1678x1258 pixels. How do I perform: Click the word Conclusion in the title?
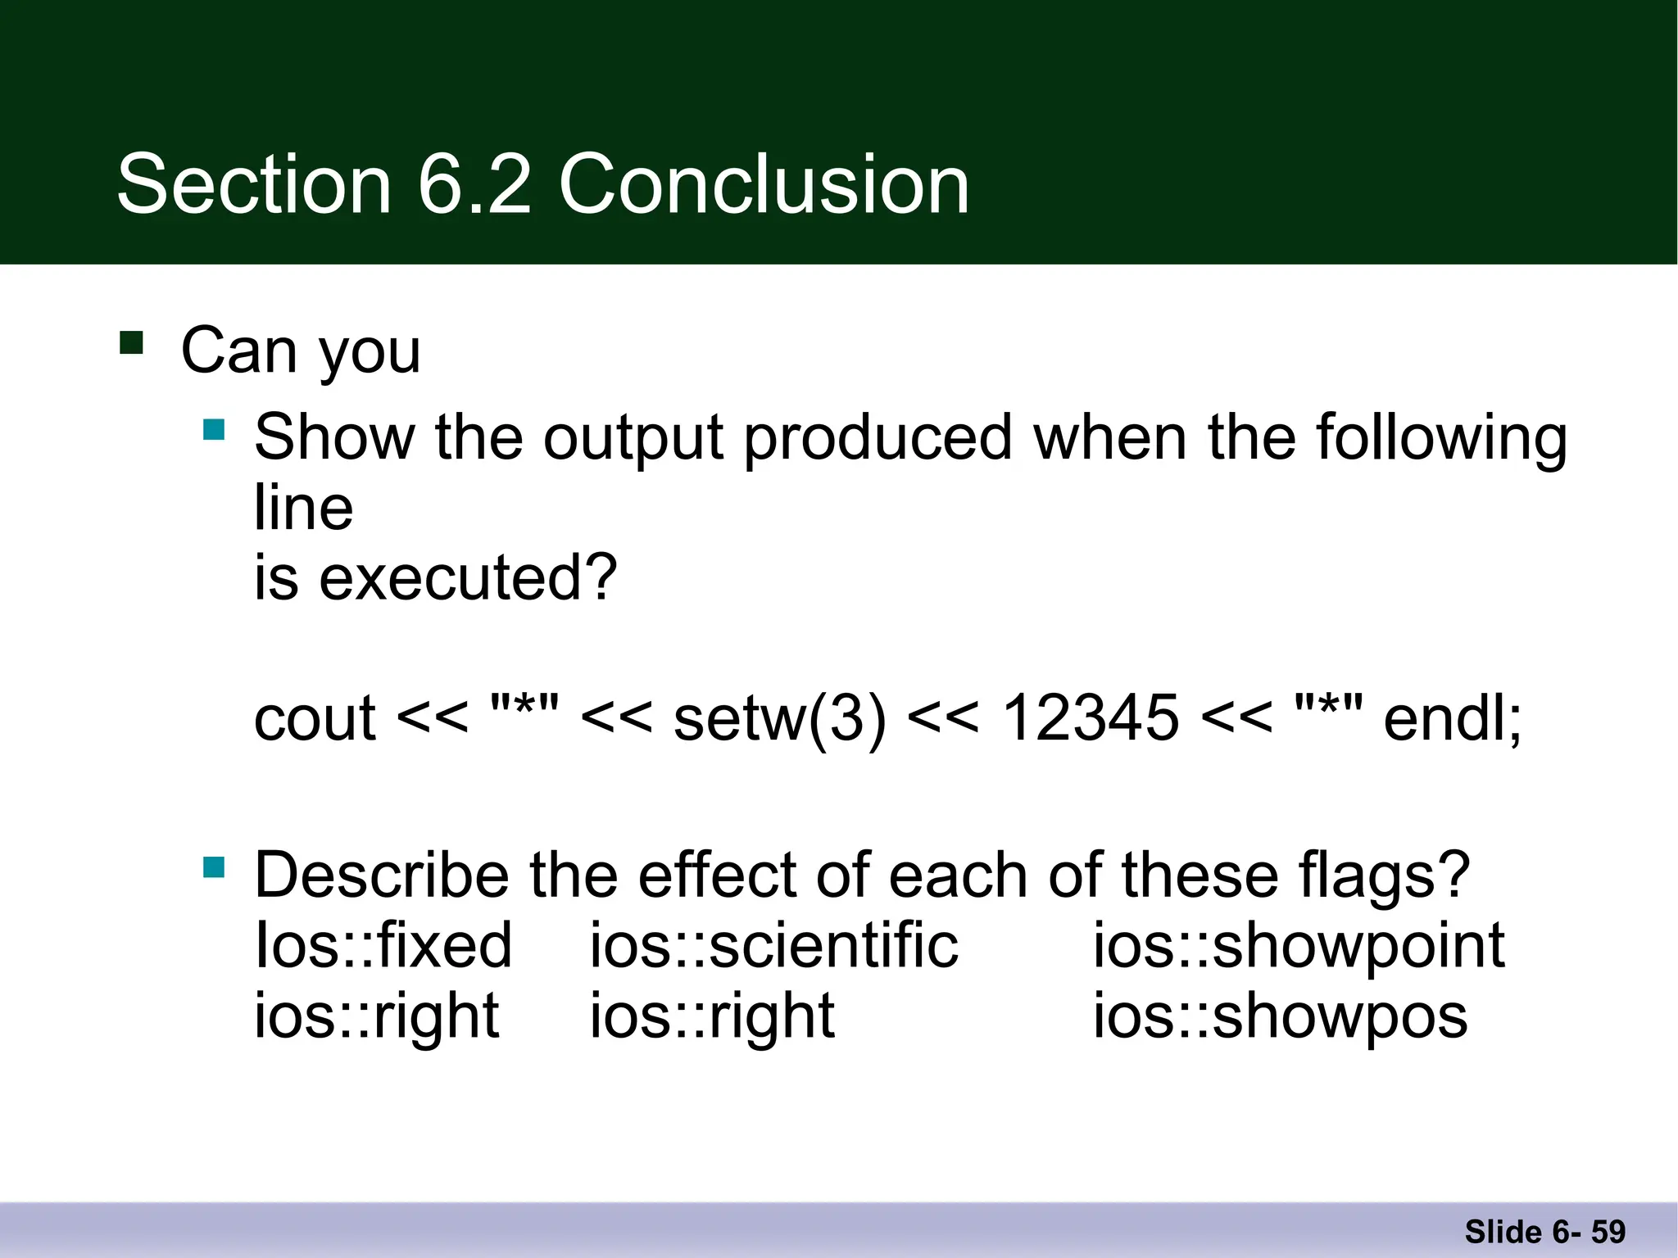(764, 185)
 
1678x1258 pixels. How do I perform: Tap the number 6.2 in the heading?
(475, 185)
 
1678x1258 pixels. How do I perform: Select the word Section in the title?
(254, 185)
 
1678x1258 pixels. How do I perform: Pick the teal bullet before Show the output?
(214, 429)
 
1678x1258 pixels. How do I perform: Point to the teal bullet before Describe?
(214, 867)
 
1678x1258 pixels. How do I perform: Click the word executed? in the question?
(467, 578)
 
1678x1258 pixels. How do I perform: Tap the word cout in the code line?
(315, 719)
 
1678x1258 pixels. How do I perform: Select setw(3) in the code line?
(779, 719)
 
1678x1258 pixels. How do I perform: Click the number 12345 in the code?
(1091, 719)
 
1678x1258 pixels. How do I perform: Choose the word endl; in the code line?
(1452, 719)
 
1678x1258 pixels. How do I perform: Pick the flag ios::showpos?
(1280, 1016)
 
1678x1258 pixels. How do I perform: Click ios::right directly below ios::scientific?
(712, 1016)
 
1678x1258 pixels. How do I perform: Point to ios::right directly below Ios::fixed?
(376, 1016)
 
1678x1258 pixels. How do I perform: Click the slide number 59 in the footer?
(1608, 1232)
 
